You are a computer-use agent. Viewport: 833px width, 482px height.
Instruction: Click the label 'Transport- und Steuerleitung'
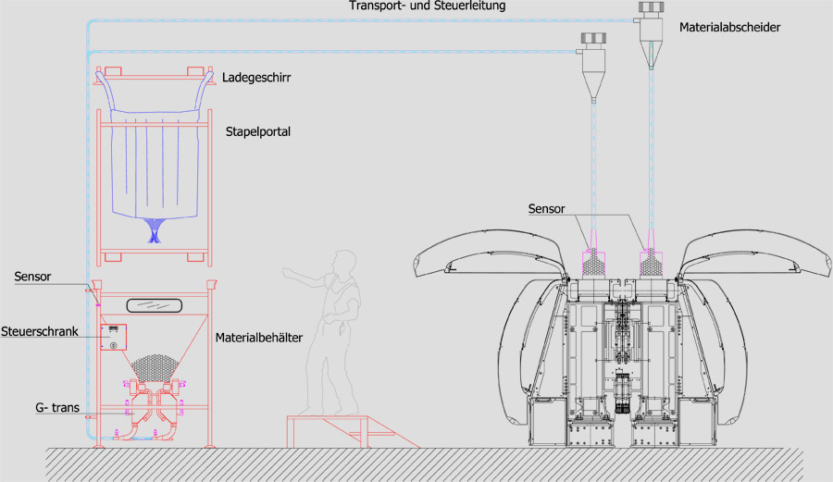click(x=427, y=6)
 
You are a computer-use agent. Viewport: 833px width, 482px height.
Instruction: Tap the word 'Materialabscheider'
click(x=729, y=27)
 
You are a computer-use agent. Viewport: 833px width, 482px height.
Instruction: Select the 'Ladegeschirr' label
click(x=256, y=78)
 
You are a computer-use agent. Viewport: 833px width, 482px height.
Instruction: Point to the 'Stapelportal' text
click(x=258, y=131)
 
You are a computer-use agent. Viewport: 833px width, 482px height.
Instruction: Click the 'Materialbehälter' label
click(x=259, y=338)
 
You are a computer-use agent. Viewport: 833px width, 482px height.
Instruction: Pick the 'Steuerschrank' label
click(x=39, y=332)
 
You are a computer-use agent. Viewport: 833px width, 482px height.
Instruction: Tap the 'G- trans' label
click(x=57, y=408)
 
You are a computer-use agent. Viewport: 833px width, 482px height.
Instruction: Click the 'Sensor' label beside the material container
click(x=33, y=277)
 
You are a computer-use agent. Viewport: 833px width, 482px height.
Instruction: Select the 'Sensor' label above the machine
click(x=547, y=209)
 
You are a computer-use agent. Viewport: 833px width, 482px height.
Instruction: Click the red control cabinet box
click(x=113, y=337)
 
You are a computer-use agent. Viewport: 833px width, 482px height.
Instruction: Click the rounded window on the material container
click(x=154, y=305)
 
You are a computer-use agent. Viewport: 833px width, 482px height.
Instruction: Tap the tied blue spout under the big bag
click(x=154, y=230)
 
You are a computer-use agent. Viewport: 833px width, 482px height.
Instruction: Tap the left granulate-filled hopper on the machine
click(x=593, y=262)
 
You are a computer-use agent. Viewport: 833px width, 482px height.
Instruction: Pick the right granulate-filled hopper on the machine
click(x=652, y=262)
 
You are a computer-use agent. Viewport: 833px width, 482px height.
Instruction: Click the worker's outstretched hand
click(x=288, y=273)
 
